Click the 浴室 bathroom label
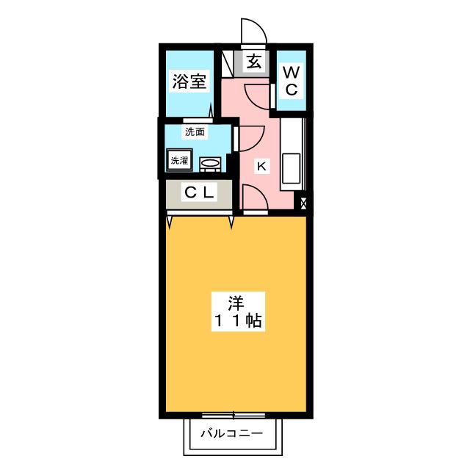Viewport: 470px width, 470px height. [189, 81]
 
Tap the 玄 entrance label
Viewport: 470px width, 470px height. [253, 62]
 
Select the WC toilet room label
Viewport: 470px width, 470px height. [292, 81]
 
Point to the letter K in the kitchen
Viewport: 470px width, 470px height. [260, 167]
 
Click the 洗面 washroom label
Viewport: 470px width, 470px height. [195, 132]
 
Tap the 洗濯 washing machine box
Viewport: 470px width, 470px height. [179, 159]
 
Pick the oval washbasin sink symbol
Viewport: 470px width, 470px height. [211, 164]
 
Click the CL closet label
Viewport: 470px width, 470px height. [199, 193]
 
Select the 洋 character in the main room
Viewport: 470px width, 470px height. [235, 301]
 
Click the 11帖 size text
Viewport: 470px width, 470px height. [235, 321]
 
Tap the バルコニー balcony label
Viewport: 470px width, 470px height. [232, 433]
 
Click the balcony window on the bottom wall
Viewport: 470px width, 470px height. [234, 415]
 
